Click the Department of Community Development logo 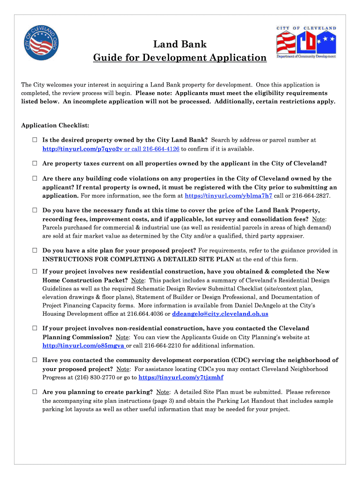pyautogui.click(x=306, y=43)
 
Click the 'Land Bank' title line pyautogui.click(x=180, y=45)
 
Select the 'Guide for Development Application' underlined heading pyautogui.click(x=180, y=58)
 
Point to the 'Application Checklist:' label pyautogui.click(x=55, y=125)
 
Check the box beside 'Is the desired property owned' pyautogui.click(x=35, y=140)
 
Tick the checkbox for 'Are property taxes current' pyautogui.click(x=35, y=164)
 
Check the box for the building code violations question pyautogui.click(x=35, y=179)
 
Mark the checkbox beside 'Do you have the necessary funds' pyautogui.click(x=35, y=210)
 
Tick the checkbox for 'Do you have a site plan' pyautogui.click(x=35, y=251)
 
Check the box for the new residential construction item pyautogui.click(x=35, y=271)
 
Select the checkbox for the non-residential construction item pyautogui.click(x=35, y=328)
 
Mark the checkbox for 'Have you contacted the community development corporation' pyautogui.click(x=35, y=360)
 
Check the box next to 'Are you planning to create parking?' pyautogui.click(x=35, y=392)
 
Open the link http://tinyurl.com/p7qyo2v pyautogui.click(x=82, y=149)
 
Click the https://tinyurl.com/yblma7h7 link pyautogui.click(x=229, y=196)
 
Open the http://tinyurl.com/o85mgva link pyautogui.click(x=83, y=346)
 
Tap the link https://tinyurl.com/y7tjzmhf pyautogui.click(x=181, y=377)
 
